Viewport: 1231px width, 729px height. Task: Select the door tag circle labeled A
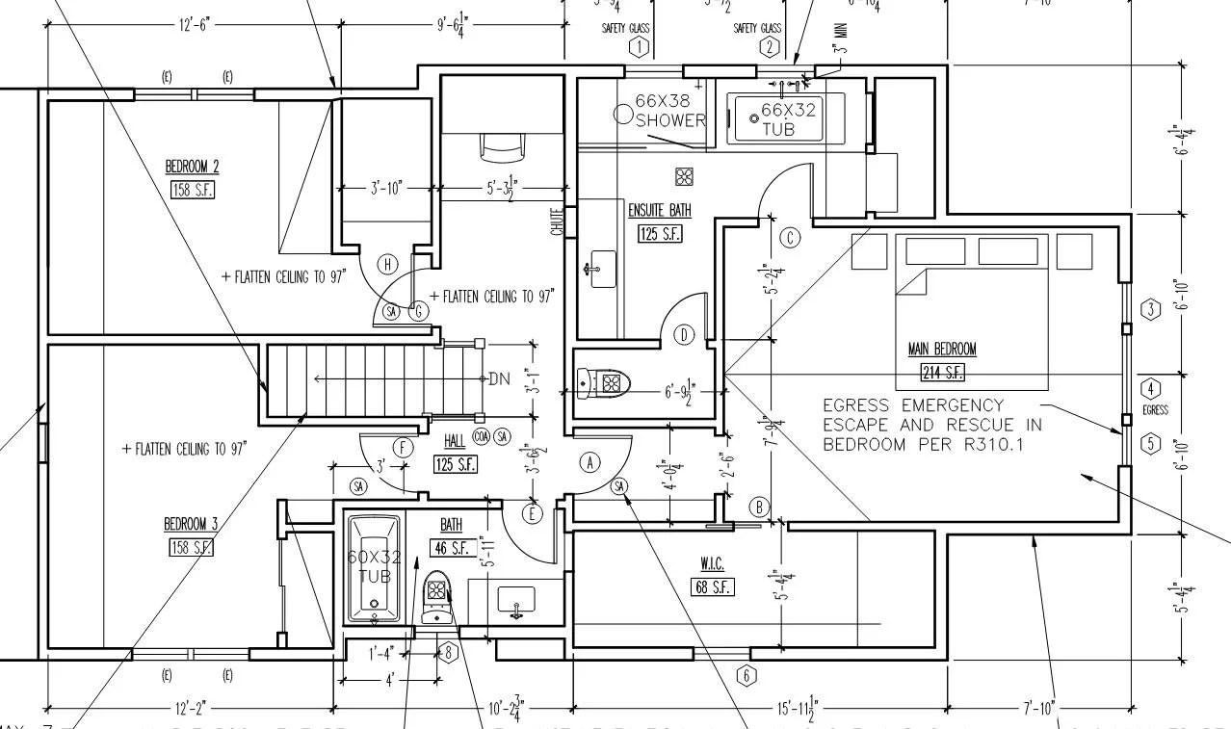click(589, 462)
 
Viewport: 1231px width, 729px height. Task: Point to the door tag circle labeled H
click(388, 264)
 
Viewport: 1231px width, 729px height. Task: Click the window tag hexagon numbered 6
click(746, 675)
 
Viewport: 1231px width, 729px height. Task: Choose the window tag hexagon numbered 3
click(1151, 309)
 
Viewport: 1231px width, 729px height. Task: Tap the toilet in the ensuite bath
click(603, 383)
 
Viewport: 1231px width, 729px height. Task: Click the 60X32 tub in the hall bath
click(375, 569)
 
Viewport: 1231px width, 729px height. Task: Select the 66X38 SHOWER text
click(671, 111)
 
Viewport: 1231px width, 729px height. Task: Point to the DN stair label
click(499, 378)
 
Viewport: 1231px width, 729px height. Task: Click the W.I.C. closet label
click(712, 562)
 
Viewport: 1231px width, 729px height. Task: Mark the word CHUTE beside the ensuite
click(557, 223)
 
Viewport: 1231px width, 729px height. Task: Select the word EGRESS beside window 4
click(1155, 410)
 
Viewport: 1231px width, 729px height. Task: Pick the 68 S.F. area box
click(712, 586)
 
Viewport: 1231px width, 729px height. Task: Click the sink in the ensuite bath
click(602, 263)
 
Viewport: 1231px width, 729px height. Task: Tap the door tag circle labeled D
click(684, 335)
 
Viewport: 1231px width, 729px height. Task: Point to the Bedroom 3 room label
click(191, 524)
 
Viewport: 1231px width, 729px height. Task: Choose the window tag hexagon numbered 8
click(448, 653)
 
